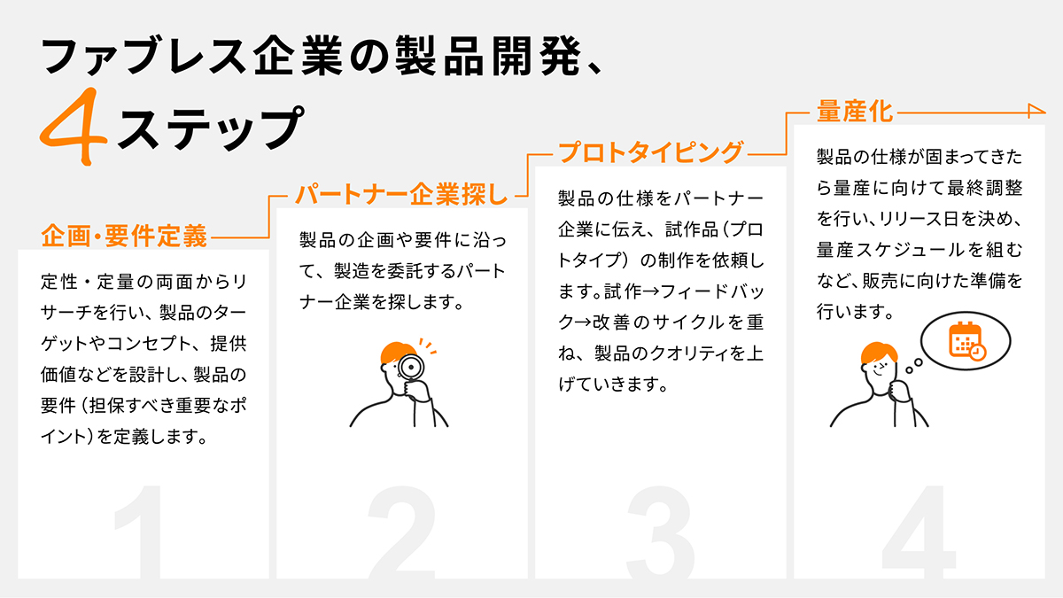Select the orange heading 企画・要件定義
pyautogui.click(x=124, y=236)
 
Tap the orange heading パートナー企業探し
pyautogui.click(x=401, y=195)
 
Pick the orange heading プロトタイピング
pyautogui.click(x=650, y=152)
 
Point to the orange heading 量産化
pyautogui.click(x=855, y=112)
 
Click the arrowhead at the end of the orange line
pyautogui.click(x=1037, y=111)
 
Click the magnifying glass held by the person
pyautogui.click(x=411, y=367)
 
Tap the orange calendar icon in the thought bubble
pyautogui.click(x=966, y=341)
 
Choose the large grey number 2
pyautogui.click(x=402, y=532)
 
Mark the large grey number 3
pyautogui.click(x=661, y=532)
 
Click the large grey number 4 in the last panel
pyautogui.click(x=919, y=532)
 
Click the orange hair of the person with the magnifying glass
pyautogui.click(x=397, y=352)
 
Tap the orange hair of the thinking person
pyautogui.click(x=879, y=353)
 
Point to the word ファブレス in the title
pyautogui.click(x=144, y=56)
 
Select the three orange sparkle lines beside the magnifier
pyautogui.click(x=428, y=346)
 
